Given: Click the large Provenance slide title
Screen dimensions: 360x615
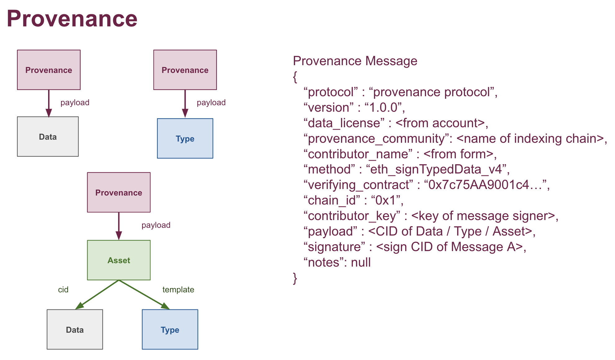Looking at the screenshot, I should click(72, 19).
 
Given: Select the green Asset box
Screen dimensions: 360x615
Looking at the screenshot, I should click(119, 260).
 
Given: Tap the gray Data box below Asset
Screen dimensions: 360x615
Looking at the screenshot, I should click(75, 329).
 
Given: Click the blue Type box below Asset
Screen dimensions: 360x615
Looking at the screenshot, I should click(170, 329).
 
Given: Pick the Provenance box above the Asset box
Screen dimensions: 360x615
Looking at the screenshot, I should click(119, 192).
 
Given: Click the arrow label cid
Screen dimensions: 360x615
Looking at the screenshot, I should click(63, 290).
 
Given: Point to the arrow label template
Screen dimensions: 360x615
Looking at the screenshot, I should click(178, 290).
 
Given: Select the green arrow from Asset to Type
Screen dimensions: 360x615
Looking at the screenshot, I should click(144, 295).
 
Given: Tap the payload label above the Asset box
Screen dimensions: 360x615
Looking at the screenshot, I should click(156, 225).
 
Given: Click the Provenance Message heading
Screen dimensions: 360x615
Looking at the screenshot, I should click(355, 61).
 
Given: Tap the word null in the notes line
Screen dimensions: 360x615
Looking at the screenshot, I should click(361, 263).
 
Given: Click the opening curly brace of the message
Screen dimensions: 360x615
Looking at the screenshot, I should click(295, 77).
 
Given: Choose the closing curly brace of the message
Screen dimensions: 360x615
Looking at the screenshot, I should click(295, 278).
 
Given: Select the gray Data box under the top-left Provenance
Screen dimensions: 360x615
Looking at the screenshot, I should click(48, 137).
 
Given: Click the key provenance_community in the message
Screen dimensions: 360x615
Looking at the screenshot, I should click(376, 139).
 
